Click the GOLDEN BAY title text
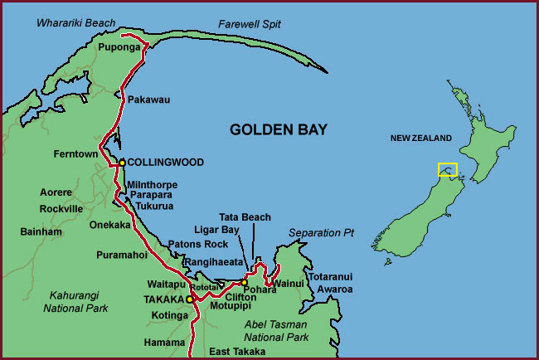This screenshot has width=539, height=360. (x=279, y=129)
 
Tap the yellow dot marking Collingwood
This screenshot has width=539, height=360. (x=122, y=163)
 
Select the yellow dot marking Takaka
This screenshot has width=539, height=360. (x=189, y=299)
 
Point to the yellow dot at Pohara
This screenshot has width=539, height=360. (x=244, y=283)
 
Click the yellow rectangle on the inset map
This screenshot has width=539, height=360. (x=448, y=170)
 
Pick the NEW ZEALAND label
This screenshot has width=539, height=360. (x=421, y=139)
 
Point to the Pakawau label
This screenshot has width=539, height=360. (x=148, y=100)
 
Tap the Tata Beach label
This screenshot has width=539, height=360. (x=245, y=217)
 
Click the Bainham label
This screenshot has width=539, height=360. (x=41, y=231)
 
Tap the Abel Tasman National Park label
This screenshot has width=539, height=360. (x=275, y=331)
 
